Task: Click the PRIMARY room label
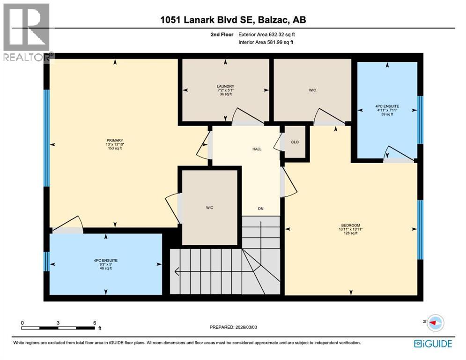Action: [x=114, y=140]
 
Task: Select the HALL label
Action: [x=257, y=149]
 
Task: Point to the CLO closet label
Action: [x=295, y=142]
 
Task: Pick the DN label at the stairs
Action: [x=261, y=209]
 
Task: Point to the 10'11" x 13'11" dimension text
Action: [x=350, y=229]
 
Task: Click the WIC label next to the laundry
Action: [x=312, y=90]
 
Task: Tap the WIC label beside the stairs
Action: [x=210, y=208]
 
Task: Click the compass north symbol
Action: [x=436, y=322]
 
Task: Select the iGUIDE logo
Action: [x=433, y=344]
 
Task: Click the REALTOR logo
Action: [x=27, y=32]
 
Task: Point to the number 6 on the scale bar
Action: [x=94, y=322]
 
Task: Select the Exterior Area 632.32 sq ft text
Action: [x=266, y=34]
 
